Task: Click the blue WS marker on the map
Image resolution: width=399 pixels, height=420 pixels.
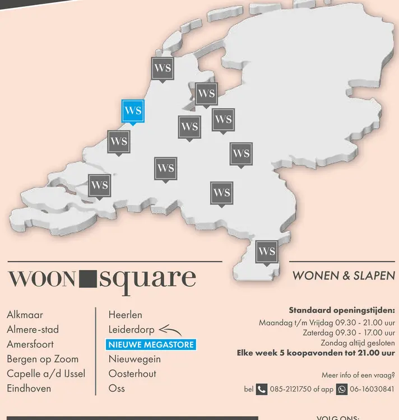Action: tap(133, 111)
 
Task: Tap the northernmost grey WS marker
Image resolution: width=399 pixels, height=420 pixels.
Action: tap(163, 69)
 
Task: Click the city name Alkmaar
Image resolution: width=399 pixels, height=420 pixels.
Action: tap(25, 315)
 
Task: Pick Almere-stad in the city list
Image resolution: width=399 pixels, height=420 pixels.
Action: tap(33, 329)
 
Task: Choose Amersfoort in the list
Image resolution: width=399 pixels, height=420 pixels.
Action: tap(30, 344)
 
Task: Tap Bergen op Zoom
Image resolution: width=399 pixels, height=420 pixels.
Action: tap(43, 358)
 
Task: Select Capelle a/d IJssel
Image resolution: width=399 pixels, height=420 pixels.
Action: tap(46, 373)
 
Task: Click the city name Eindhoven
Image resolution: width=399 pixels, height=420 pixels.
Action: tap(29, 388)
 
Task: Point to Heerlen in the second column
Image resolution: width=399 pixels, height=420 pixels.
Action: tap(126, 315)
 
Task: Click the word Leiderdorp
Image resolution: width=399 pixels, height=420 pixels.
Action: tap(131, 329)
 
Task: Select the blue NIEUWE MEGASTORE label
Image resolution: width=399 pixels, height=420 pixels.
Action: tap(151, 344)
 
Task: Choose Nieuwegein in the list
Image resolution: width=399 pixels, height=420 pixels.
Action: tap(134, 358)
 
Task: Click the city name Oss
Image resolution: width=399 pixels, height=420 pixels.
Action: tap(117, 388)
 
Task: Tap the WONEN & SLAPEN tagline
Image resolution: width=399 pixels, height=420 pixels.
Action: tap(343, 276)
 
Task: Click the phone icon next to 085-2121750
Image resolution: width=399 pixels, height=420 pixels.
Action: tap(262, 389)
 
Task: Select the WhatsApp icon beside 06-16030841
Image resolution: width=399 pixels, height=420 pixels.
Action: tap(342, 389)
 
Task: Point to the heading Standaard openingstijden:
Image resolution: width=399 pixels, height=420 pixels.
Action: tap(342, 310)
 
